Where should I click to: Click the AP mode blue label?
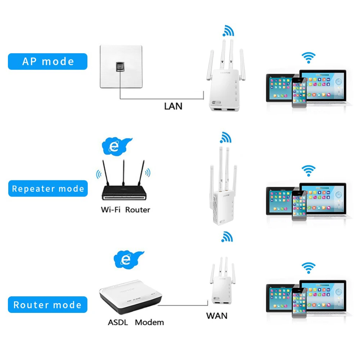[x=48, y=61]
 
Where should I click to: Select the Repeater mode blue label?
[x=48, y=189]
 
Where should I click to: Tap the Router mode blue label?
[x=48, y=305]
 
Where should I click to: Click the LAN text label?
[x=173, y=106]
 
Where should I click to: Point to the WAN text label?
[x=217, y=316]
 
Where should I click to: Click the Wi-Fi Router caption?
[x=125, y=210]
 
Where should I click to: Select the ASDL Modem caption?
[x=136, y=322]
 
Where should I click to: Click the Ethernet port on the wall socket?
[x=120, y=67]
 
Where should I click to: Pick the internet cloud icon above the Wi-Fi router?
[x=115, y=146]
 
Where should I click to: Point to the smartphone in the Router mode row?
[x=299, y=302]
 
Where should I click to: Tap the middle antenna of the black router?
[x=123, y=173]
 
